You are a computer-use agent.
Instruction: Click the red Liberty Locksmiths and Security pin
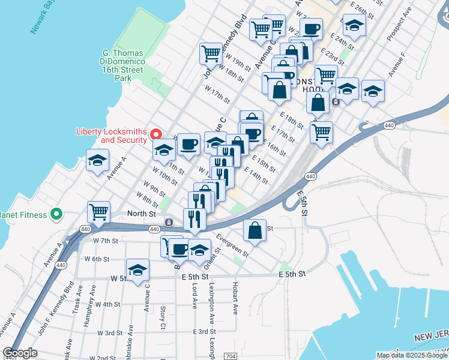coord(155,133)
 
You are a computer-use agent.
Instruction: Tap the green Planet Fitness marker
coord(56,214)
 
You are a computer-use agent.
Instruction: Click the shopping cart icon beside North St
coord(98,211)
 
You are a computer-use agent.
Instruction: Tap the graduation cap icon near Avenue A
coord(97,161)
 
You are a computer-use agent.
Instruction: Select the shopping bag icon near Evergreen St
coord(255,230)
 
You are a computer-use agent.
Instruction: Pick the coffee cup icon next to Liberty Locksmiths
coord(188,144)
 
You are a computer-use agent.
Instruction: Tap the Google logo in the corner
coord(20,353)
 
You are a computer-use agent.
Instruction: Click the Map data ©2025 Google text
coord(412,355)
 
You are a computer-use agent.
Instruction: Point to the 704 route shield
coord(231,356)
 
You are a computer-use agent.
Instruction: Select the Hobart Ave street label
coord(235,299)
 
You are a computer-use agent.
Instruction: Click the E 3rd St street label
coord(204,332)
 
